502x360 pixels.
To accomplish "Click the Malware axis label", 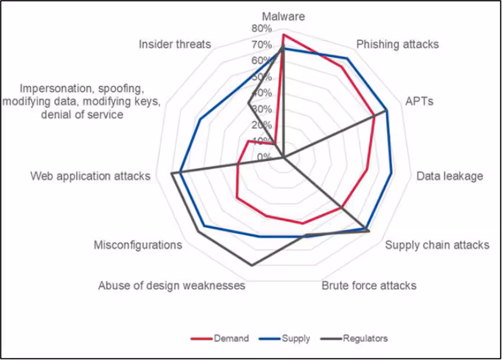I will pos(284,17).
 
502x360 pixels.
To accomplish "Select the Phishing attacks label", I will pos(397,44).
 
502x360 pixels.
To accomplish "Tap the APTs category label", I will pos(419,101).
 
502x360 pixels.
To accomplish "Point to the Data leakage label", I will pos(449,176).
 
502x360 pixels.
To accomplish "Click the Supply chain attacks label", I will pos(437,245).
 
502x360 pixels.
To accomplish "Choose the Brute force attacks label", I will pos(369,286).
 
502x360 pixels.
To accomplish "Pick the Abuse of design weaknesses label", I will pos(171,286).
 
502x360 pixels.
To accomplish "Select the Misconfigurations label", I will pos(138,245).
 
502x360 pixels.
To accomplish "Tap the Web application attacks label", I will pos(90,176).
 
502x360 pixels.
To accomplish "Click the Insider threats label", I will pos(175,44).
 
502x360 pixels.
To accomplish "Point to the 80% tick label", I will pos(261,28).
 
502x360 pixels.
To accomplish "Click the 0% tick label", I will pos(263,157).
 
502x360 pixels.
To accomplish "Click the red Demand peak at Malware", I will pos(283,35).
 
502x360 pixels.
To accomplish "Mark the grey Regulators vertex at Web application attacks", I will pos(171,174).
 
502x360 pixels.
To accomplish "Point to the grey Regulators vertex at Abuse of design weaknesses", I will pos(252,266).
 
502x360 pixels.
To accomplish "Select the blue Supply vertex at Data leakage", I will pos(392,173).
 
